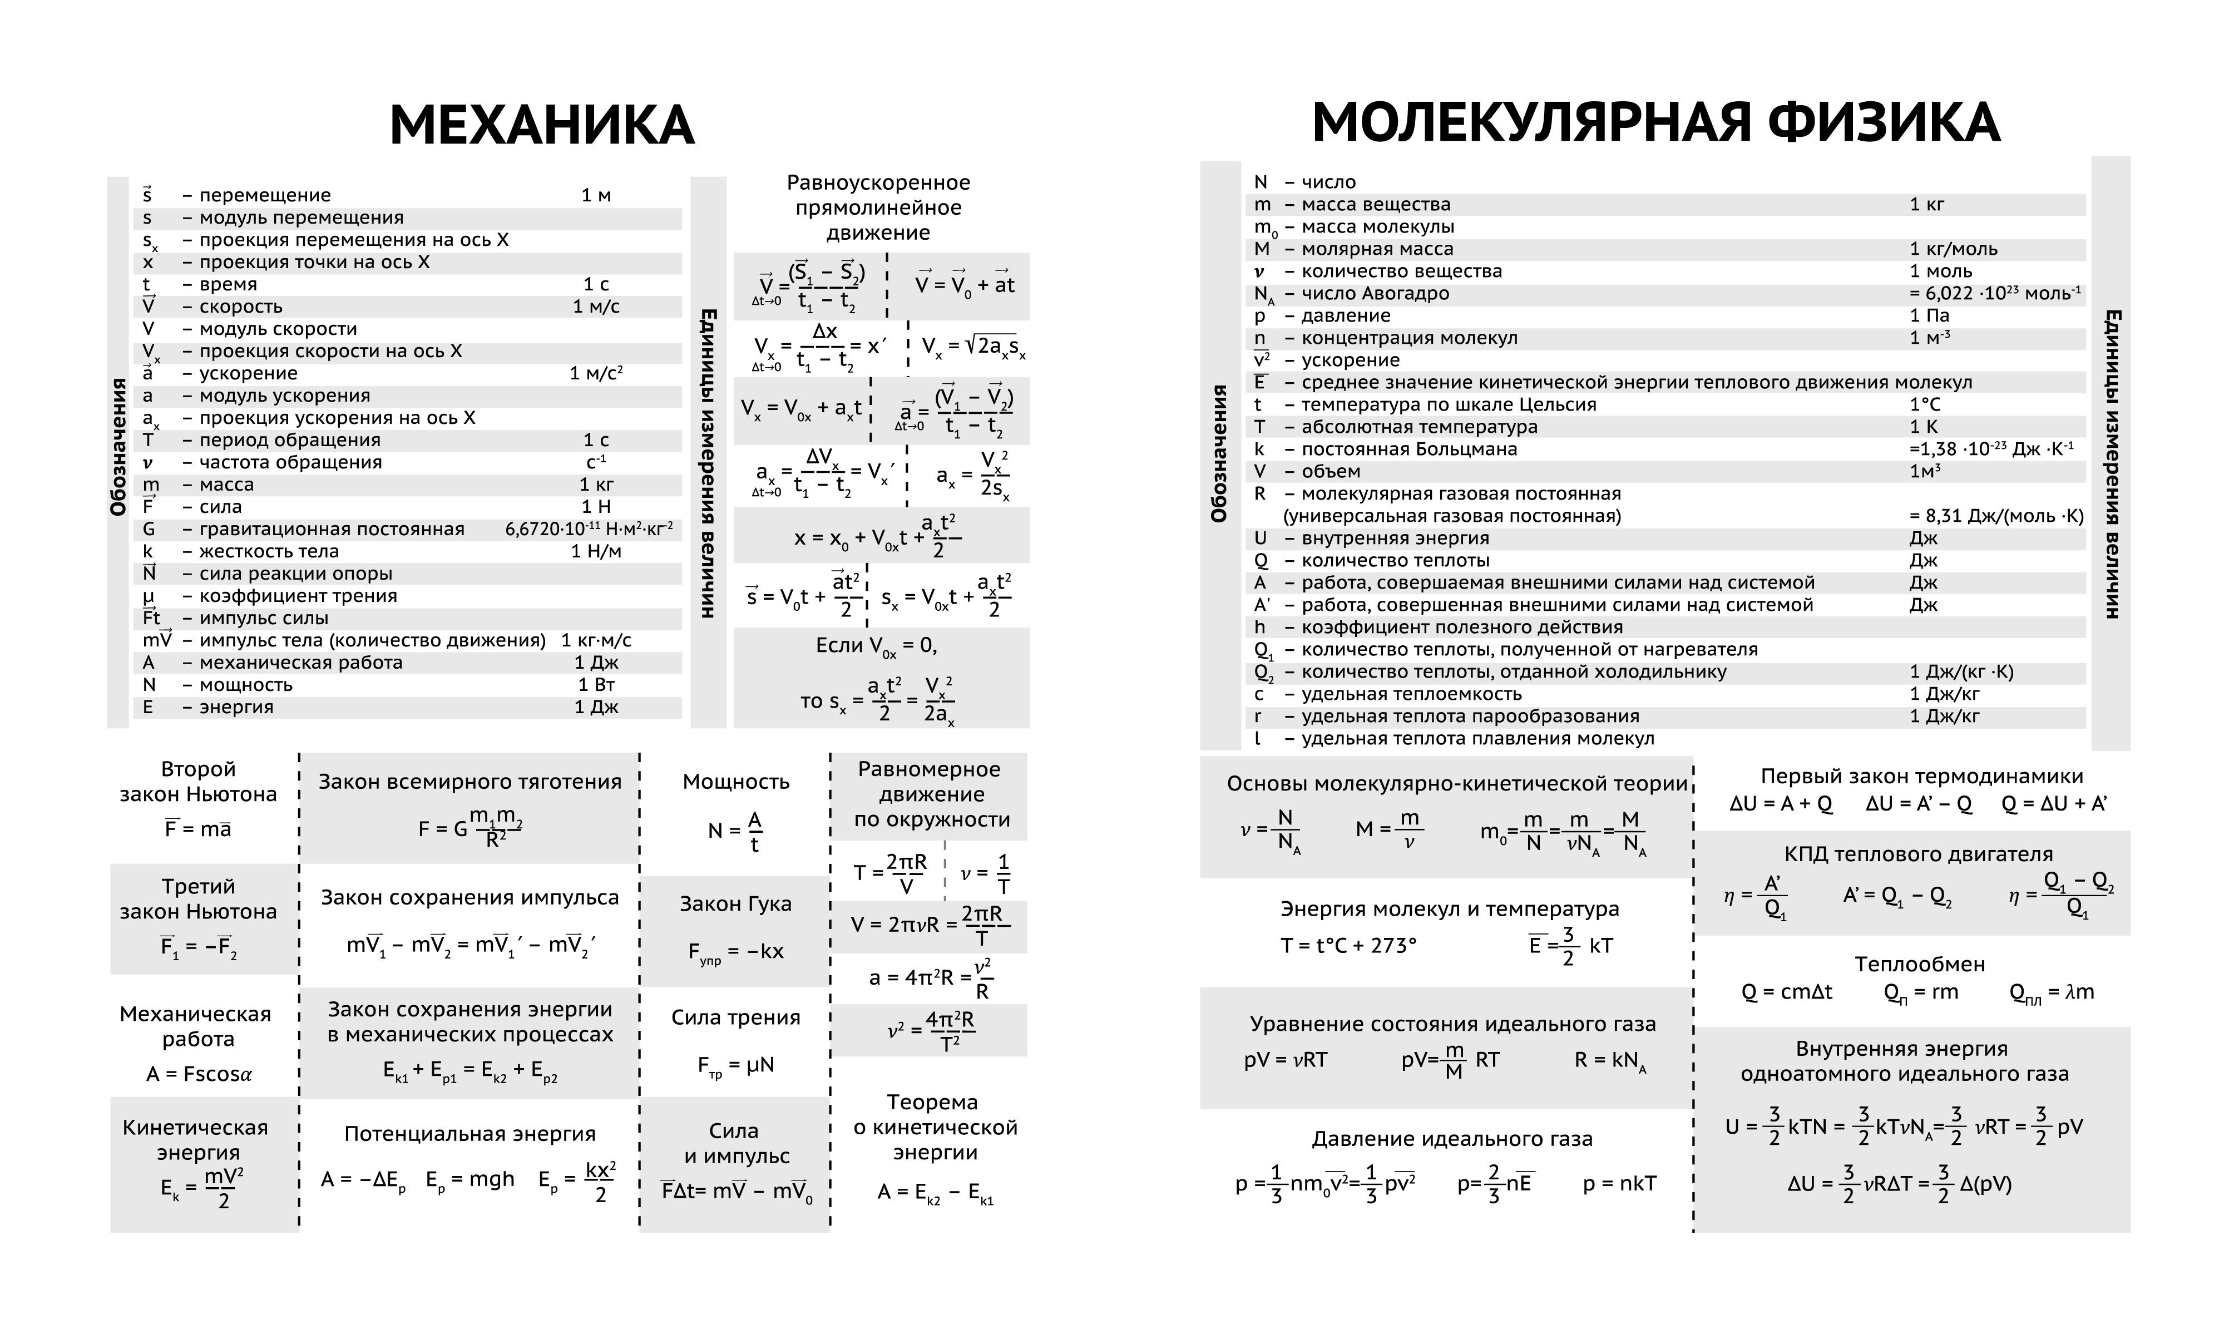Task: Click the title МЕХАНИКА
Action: (x=542, y=126)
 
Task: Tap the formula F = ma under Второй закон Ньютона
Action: (x=197, y=829)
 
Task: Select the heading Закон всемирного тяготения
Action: (x=470, y=782)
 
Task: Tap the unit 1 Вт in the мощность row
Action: (x=597, y=685)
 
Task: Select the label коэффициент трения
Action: (x=298, y=596)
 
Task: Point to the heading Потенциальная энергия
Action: (x=470, y=1134)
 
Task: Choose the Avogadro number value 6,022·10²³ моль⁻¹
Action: (x=1995, y=294)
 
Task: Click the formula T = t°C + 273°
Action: (x=1348, y=946)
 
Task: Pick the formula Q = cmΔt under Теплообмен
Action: (x=1787, y=992)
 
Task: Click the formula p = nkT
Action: (x=1619, y=1184)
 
